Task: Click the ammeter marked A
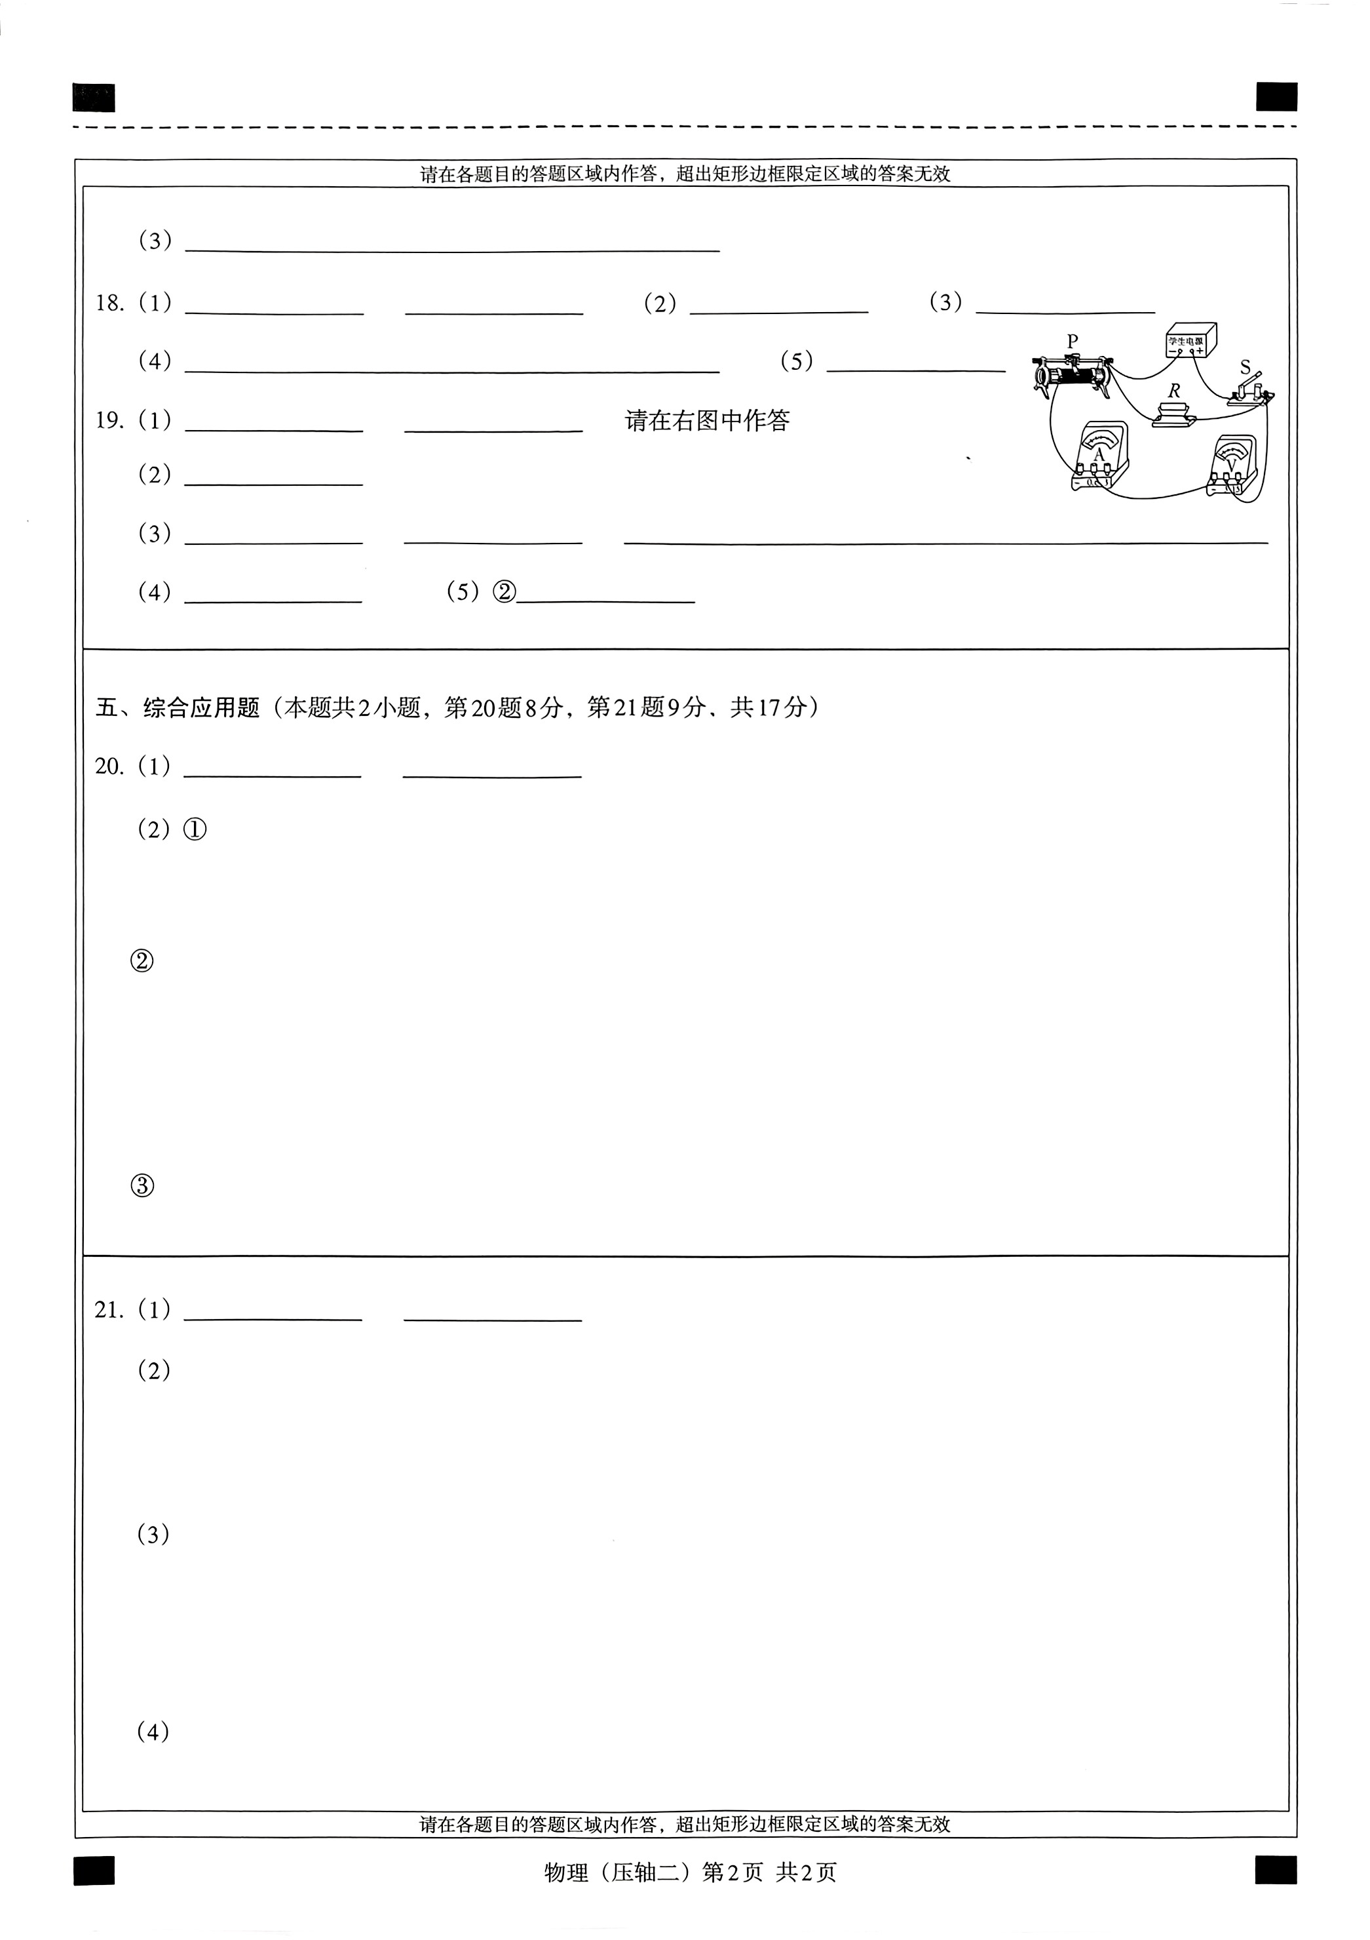1099,456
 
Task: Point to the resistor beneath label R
1174,415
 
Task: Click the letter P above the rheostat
1073,342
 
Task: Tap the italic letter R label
1174,391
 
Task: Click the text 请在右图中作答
707,421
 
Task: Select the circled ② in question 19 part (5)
503,591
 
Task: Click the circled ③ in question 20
143,1186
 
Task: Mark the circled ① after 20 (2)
195,830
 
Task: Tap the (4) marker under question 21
153,1732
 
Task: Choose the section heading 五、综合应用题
178,707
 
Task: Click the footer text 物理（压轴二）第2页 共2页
690,1872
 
